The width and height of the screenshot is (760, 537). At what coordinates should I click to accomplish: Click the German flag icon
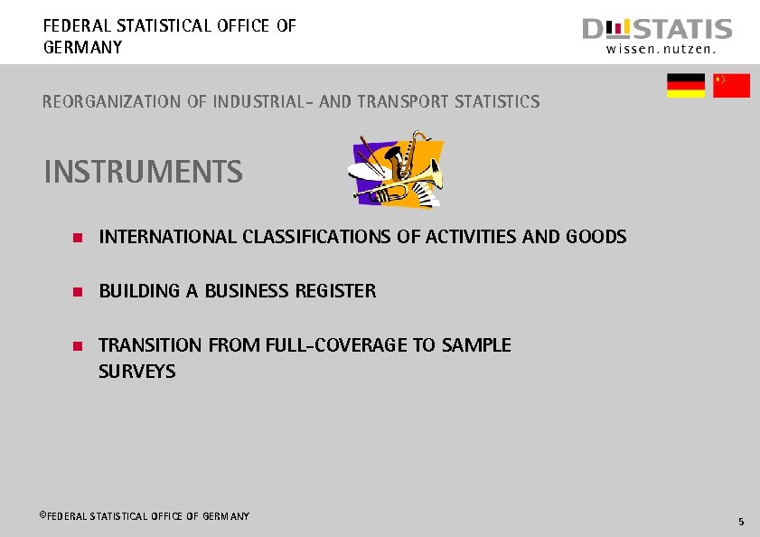(x=686, y=86)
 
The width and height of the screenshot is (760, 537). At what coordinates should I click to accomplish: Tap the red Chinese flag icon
(x=731, y=86)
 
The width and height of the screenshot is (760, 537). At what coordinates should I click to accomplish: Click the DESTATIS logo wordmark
(x=657, y=30)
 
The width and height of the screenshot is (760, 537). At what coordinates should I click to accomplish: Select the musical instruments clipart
(x=398, y=170)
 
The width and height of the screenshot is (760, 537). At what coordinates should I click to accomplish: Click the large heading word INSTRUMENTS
(x=143, y=172)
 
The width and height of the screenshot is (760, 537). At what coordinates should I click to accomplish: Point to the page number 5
(x=740, y=522)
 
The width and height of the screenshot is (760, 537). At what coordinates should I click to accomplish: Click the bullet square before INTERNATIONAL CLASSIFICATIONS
(x=79, y=238)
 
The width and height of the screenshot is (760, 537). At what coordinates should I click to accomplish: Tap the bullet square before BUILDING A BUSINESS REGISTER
(x=79, y=292)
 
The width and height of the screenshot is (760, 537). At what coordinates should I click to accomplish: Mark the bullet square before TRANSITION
(x=79, y=346)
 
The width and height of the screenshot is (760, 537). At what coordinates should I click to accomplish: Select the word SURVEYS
(x=137, y=372)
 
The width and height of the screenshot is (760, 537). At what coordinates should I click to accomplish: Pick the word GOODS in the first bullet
(x=596, y=237)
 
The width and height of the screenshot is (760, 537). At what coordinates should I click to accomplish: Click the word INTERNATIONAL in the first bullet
(x=168, y=237)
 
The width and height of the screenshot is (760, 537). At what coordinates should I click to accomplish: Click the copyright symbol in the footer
(x=42, y=514)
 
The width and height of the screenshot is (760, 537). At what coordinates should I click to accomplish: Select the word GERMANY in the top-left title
(x=82, y=47)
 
